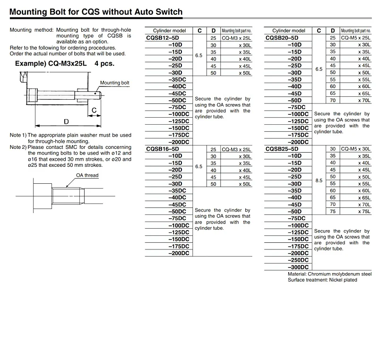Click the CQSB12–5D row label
coord(163,38)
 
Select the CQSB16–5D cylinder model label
coord(163,149)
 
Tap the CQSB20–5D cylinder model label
coord(282,38)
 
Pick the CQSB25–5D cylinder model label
coord(282,149)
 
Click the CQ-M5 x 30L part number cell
coord(355,149)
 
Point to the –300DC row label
coord(298,267)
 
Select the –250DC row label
coord(298,260)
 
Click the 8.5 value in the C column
coord(319,180)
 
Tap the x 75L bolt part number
coord(364,212)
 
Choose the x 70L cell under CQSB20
coord(364,100)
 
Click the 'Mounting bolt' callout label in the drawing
coord(114,83)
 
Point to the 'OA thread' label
coord(87,175)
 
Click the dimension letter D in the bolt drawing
coord(66,122)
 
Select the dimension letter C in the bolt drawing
coord(94,111)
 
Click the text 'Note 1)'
coord(18,135)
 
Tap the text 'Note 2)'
coord(18,147)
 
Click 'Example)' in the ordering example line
coord(30,63)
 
